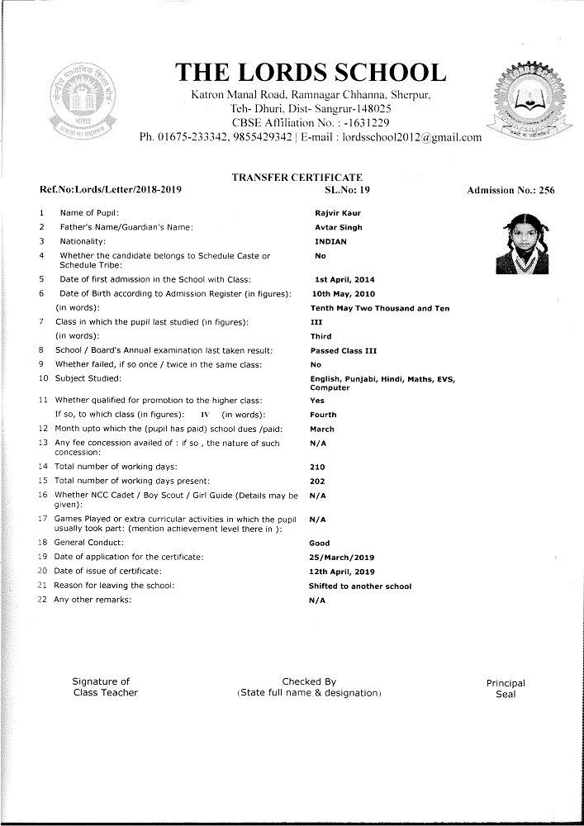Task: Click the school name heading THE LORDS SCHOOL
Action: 311,73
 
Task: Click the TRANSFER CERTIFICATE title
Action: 297,178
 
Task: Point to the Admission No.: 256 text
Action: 510,191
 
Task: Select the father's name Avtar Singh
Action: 339,227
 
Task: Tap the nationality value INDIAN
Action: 331,241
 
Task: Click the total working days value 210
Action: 317,467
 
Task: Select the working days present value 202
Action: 317,481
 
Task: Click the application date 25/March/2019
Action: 341,557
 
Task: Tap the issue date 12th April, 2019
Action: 343,571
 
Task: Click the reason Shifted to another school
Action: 360,586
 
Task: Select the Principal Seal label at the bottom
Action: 506,688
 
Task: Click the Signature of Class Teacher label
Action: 105,686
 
